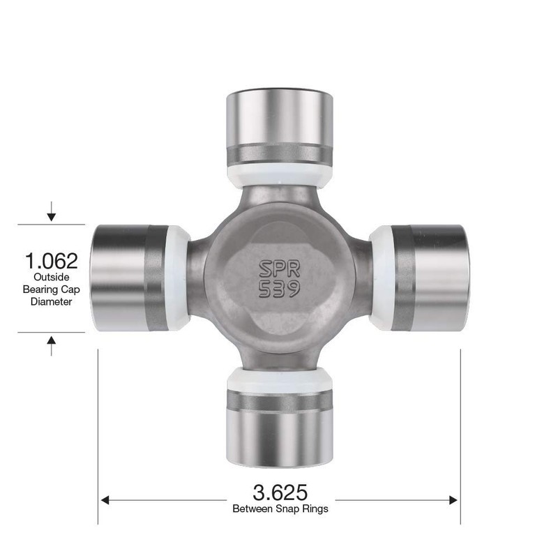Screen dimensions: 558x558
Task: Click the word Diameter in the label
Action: point(52,301)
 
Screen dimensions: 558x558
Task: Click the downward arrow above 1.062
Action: point(51,213)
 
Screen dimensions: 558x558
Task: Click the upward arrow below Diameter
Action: point(51,343)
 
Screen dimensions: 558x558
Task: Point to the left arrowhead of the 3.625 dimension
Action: point(107,499)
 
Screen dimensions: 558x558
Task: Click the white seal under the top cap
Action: point(279,176)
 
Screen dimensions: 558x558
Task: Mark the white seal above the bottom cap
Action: point(279,379)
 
